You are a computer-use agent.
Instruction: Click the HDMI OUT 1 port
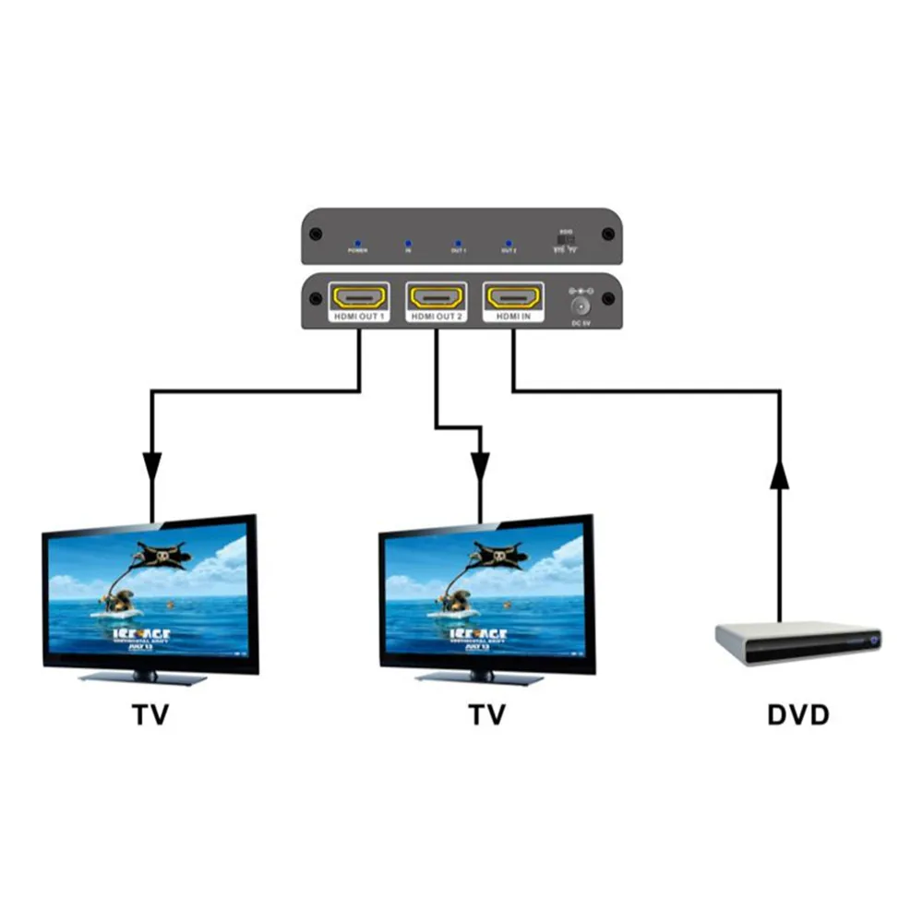point(358,297)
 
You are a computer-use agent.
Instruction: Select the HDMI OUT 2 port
point(436,297)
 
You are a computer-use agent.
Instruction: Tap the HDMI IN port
point(513,297)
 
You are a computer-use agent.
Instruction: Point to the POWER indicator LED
point(357,242)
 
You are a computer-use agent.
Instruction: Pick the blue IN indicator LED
point(407,242)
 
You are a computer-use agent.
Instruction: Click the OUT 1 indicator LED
point(458,242)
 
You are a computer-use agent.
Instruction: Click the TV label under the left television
point(151,715)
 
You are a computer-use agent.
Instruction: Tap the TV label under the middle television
point(486,715)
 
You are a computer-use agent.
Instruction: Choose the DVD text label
point(798,715)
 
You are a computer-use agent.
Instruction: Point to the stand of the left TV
point(143,677)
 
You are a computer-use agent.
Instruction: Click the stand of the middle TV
point(479,677)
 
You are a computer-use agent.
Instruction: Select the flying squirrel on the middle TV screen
point(499,556)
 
